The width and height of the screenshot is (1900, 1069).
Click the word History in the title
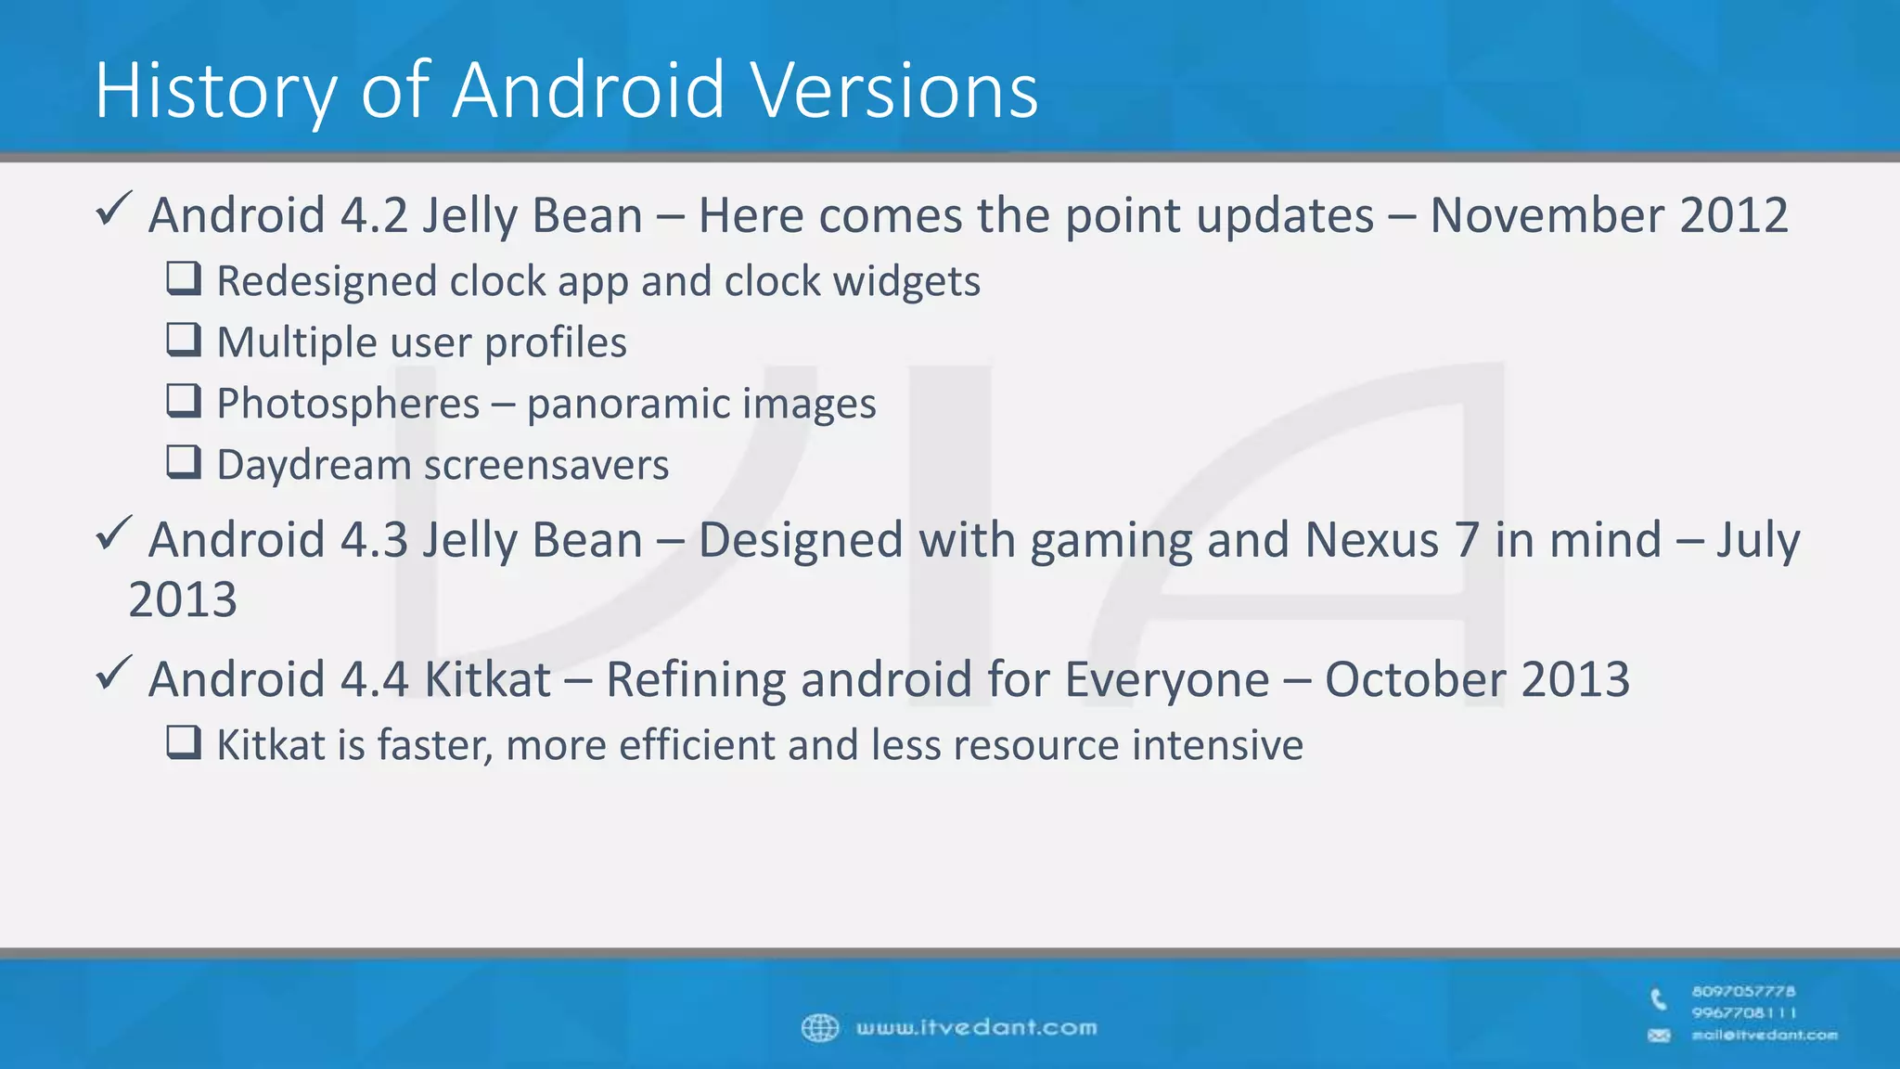point(215,91)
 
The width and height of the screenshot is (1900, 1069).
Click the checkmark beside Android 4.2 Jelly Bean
point(114,209)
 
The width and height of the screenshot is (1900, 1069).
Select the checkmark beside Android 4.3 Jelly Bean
point(114,534)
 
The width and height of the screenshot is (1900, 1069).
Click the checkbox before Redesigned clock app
point(184,278)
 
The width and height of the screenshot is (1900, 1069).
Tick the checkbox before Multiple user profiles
point(184,340)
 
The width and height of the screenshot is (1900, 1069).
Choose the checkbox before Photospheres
point(184,401)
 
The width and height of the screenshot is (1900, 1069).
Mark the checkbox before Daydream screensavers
point(184,462)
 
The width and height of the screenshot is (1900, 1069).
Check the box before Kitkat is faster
point(184,742)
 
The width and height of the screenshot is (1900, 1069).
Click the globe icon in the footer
point(819,1028)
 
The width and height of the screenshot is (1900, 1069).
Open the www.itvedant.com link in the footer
point(976,1028)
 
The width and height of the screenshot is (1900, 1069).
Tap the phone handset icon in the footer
point(1659,999)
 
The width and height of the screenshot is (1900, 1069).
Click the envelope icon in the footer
point(1659,1036)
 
